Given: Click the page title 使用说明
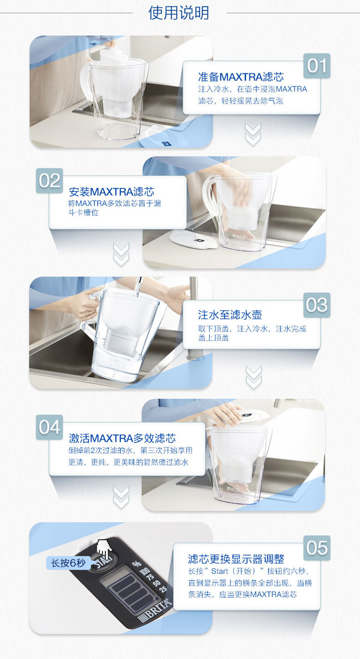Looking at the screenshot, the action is point(179,13).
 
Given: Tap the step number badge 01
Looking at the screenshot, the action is point(317,66).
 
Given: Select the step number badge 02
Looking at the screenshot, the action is point(49,181).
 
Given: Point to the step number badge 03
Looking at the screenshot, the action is point(317,305).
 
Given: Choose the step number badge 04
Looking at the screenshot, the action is point(49,427).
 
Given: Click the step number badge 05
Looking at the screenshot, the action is point(317,548).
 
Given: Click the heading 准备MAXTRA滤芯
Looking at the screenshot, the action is point(241,77).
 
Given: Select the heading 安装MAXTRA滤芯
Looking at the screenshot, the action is point(111,191).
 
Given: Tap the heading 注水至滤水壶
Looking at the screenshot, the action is point(230,315).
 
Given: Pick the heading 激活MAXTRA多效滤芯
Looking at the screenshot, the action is point(122,438).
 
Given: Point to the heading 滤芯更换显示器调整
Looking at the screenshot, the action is point(236,559).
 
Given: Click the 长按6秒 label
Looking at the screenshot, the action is point(68,563).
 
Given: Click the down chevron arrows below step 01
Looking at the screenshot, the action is point(253,135).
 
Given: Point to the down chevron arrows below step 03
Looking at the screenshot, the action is point(253,377).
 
